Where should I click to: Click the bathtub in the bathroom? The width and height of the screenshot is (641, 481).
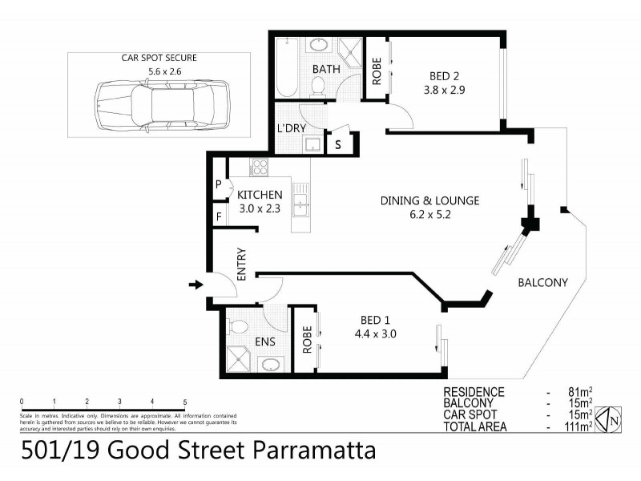[286, 67]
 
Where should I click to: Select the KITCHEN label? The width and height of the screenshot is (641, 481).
[260, 195]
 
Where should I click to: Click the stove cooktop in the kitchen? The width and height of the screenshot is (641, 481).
[260, 168]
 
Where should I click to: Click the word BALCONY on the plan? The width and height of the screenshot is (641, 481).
[542, 282]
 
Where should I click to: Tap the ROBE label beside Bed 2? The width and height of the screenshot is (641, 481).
[376, 70]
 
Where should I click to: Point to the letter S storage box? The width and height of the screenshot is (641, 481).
[338, 145]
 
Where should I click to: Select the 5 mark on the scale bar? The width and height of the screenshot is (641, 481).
[185, 402]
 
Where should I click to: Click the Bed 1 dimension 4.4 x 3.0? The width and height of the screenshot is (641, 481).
[375, 334]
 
